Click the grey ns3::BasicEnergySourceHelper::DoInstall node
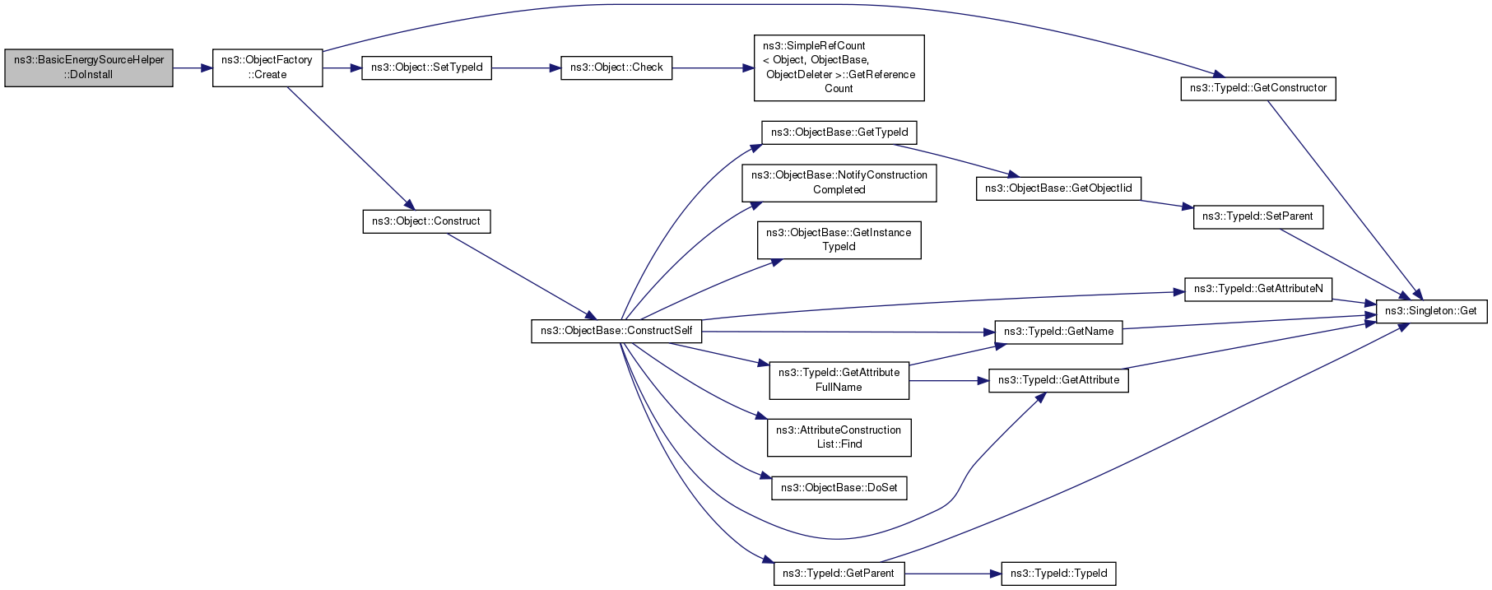point(89,67)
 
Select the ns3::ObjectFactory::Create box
point(267,67)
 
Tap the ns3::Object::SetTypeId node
point(426,67)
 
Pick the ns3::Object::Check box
point(616,67)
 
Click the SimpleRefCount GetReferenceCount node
point(839,67)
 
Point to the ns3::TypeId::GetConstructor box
point(1257,88)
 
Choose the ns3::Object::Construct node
point(426,221)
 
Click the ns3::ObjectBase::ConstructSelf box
point(616,331)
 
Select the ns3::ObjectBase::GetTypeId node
point(839,132)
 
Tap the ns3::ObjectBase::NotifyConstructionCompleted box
point(839,183)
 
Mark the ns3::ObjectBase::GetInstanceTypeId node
point(839,239)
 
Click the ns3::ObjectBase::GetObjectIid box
point(1058,188)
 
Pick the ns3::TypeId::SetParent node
point(1257,216)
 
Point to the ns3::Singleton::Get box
point(1430,311)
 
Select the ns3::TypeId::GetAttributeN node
point(1257,289)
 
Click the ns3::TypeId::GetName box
point(1058,332)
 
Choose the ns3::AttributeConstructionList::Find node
point(839,437)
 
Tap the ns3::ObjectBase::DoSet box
point(839,488)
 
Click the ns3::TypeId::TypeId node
point(1058,574)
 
